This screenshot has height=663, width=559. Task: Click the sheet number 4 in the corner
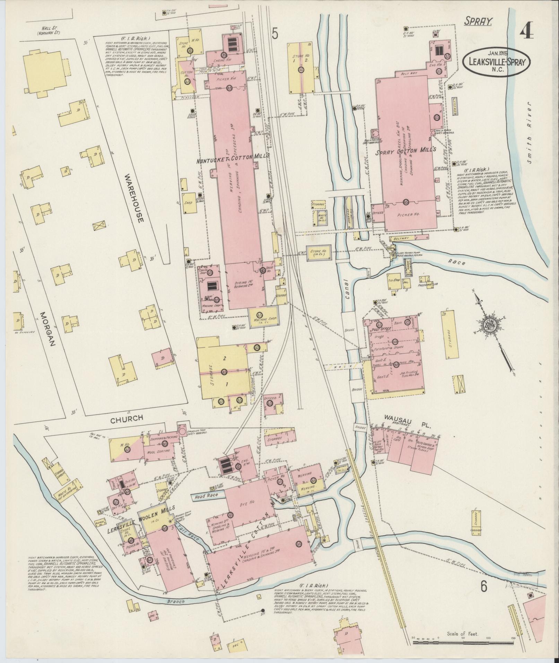[526, 33]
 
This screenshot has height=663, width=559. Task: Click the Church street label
[126, 419]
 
